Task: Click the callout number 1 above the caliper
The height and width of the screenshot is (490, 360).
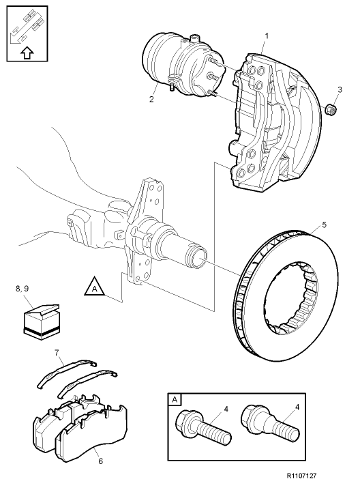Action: click(266, 35)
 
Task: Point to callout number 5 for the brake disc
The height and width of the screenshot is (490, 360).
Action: click(325, 224)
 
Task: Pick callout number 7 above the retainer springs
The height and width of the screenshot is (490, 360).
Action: click(57, 354)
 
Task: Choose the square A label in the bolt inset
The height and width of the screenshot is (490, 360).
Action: click(175, 400)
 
